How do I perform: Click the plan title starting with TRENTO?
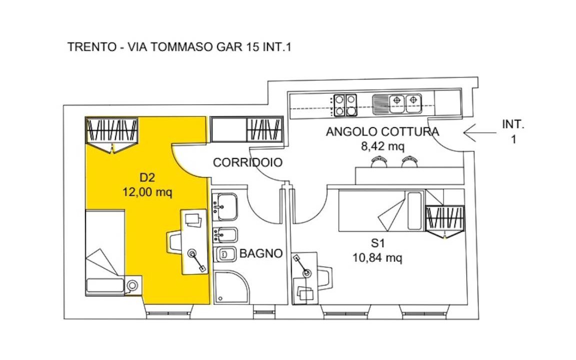click(179, 47)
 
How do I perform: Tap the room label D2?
click(147, 178)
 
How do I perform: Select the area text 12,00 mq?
click(147, 192)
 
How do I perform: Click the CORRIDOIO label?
click(247, 162)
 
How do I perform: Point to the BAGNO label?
click(261, 253)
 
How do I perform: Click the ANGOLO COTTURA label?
click(382, 131)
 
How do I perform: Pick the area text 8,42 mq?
click(382, 146)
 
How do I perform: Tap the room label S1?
click(377, 243)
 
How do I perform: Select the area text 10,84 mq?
click(377, 258)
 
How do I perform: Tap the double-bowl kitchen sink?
click(396, 104)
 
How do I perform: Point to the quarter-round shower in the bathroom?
click(230, 287)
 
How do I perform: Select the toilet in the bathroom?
click(225, 254)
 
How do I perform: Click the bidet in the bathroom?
click(225, 234)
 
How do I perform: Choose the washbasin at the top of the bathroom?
click(225, 206)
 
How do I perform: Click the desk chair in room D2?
click(174, 242)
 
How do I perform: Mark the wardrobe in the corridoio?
click(247, 129)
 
